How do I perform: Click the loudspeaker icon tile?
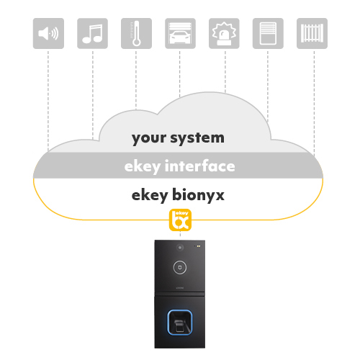point(48,33)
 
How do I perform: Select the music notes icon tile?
point(92,33)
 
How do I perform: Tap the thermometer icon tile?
point(136,33)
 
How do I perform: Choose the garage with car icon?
point(180,33)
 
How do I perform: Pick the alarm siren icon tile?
point(224,33)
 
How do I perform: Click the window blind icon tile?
point(268,33)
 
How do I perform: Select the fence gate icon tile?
point(312,33)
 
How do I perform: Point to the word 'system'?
point(197,138)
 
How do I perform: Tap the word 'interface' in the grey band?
point(200,166)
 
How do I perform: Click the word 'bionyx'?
point(198,194)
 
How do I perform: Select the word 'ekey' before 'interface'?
point(143,167)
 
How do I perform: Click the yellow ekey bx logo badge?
point(180,220)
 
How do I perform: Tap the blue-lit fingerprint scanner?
point(180,323)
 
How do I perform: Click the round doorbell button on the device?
point(180,267)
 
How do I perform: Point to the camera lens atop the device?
point(180,248)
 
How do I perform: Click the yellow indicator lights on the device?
point(199,246)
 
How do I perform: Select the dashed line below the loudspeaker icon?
point(48,101)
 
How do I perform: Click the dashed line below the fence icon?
point(314,104)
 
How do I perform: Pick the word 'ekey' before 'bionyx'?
point(150,196)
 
